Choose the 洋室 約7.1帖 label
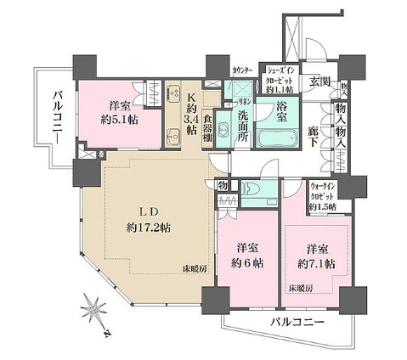319,257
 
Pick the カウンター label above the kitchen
242,70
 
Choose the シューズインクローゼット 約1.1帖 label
280,78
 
